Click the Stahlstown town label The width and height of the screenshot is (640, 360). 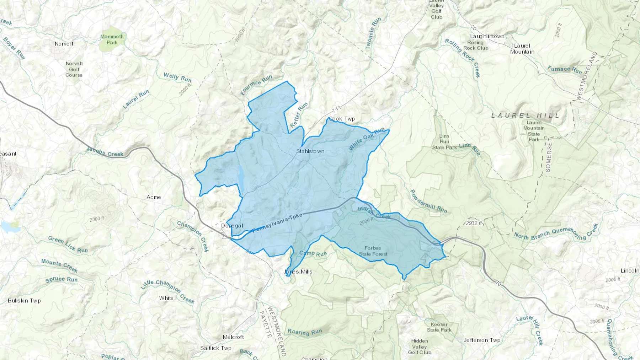pyautogui.click(x=310, y=151)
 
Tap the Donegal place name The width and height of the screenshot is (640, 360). pyautogui.click(x=232, y=226)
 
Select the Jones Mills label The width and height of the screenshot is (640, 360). pyautogui.click(x=298, y=272)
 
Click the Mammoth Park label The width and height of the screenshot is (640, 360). pyautogui.click(x=112, y=39)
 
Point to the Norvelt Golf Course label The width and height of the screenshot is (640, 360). pyautogui.click(x=74, y=69)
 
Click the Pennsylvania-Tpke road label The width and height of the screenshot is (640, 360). pyautogui.click(x=277, y=223)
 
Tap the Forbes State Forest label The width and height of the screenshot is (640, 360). pyautogui.click(x=373, y=251)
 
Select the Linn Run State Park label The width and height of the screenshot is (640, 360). pyautogui.click(x=444, y=141)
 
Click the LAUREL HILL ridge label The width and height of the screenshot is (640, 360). pyautogui.click(x=525, y=115)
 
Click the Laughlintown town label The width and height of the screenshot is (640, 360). pyautogui.click(x=487, y=36)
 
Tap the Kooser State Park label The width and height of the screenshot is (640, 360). pyautogui.click(x=439, y=327)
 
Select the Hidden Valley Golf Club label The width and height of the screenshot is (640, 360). pyautogui.click(x=419, y=346)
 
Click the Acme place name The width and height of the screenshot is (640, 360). pyautogui.click(x=154, y=197)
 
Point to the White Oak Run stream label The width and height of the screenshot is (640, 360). pyautogui.click(x=367, y=139)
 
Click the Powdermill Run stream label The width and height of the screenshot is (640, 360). pyautogui.click(x=428, y=201)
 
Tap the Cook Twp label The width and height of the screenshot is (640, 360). pyautogui.click(x=342, y=119)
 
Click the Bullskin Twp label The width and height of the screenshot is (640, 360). pyautogui.click(x=24, y=301)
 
